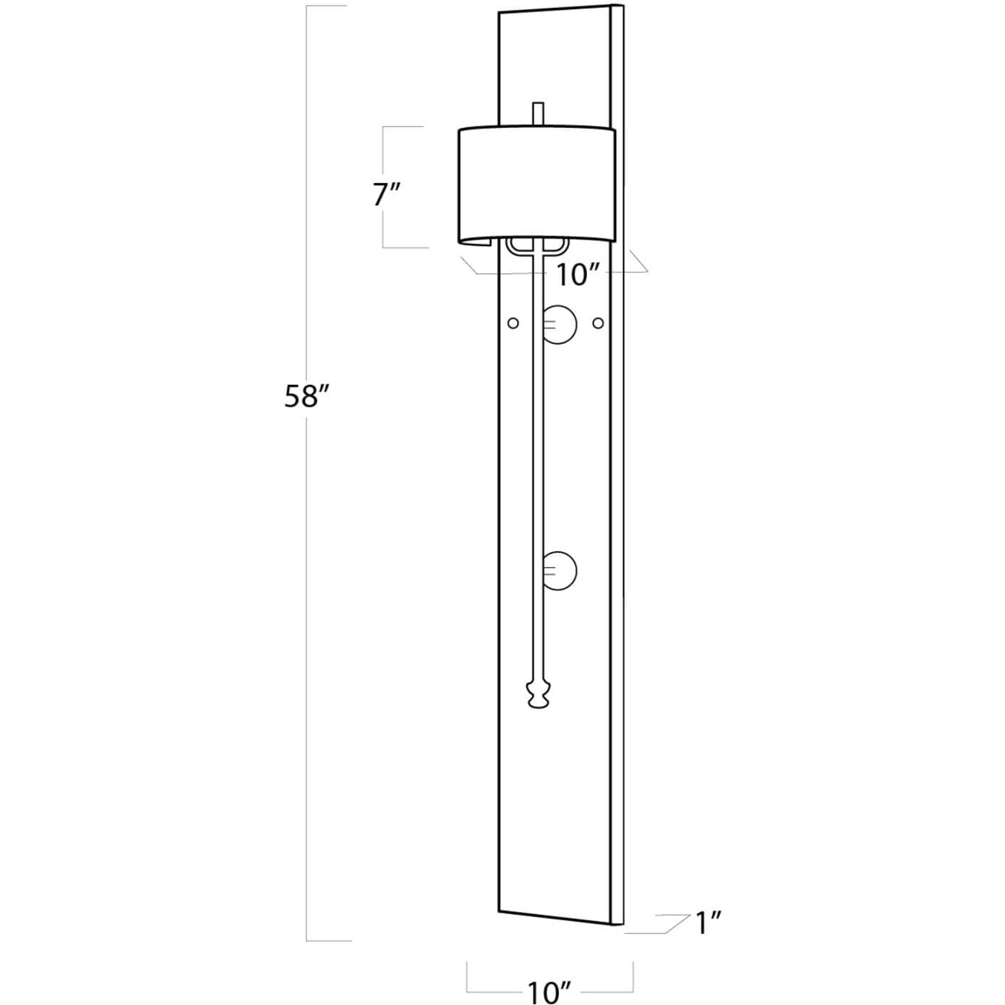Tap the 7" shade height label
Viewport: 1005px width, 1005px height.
click(386, 196)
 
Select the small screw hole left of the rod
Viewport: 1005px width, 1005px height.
click(513, 323)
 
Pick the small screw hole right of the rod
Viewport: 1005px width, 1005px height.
click(599, 323)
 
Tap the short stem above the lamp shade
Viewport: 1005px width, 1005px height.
click(538, 114)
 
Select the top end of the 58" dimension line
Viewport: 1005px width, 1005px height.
click(306, 6)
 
